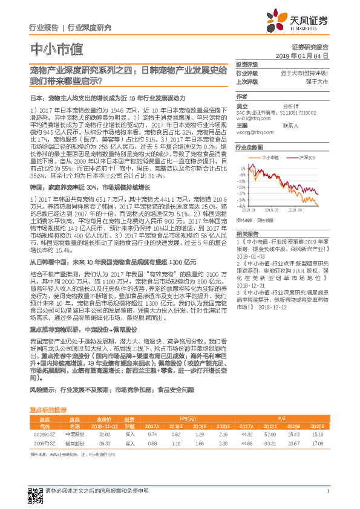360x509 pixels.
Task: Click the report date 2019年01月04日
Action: pyautogui.click(x=306, y=56)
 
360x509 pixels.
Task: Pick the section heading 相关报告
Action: pyautogui.click(x=246, y=233)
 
